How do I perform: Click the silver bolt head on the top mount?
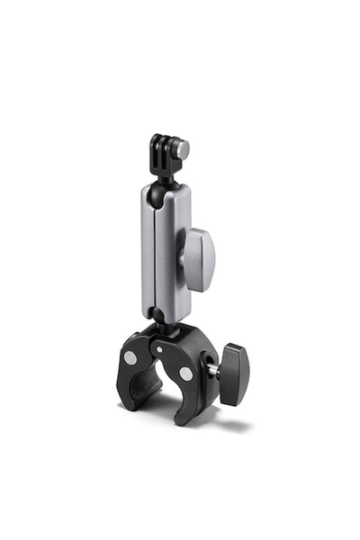[183, 148]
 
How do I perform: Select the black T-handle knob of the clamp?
[235, 367]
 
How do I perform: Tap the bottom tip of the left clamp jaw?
[129, 403]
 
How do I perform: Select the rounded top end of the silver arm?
[165, 188]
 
